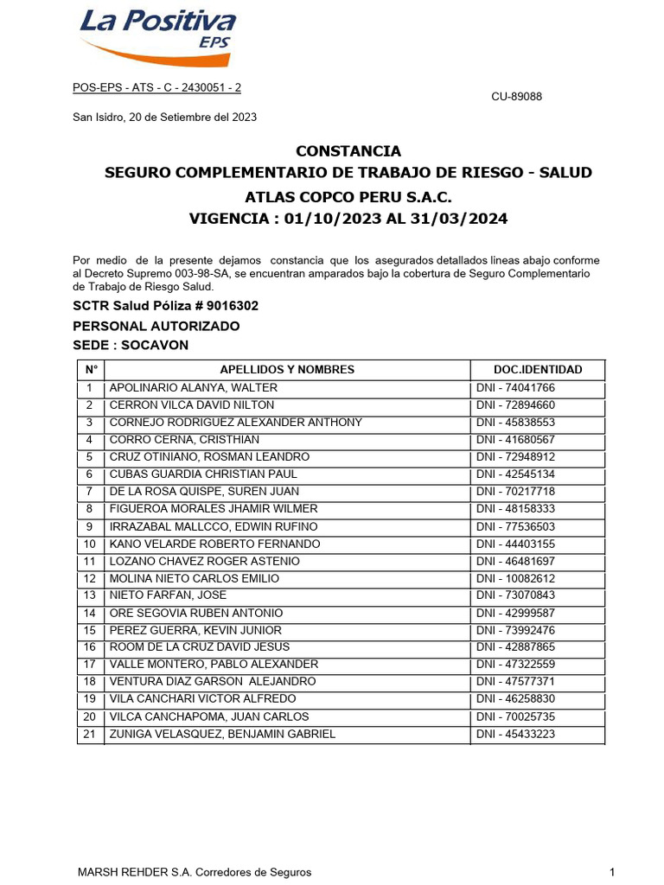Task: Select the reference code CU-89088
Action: (516, 97)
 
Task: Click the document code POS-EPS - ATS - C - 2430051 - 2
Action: (156, 88)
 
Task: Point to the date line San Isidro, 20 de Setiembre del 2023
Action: (164, 117)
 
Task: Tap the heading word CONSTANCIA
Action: (348, 151)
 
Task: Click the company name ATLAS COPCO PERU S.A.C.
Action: (348, 196)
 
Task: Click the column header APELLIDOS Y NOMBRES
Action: (287, 369)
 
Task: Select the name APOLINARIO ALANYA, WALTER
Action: (194, 388)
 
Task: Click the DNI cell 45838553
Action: (515, 423)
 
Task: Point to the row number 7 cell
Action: (89, 492)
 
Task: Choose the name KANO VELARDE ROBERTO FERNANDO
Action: (214, 544)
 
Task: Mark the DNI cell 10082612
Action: (515, 578)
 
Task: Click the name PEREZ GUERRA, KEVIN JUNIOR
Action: (195, 630)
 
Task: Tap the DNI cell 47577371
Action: (515, 682)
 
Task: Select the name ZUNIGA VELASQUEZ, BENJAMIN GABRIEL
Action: (222, 735)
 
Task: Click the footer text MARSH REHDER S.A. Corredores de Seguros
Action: (195, 872)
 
